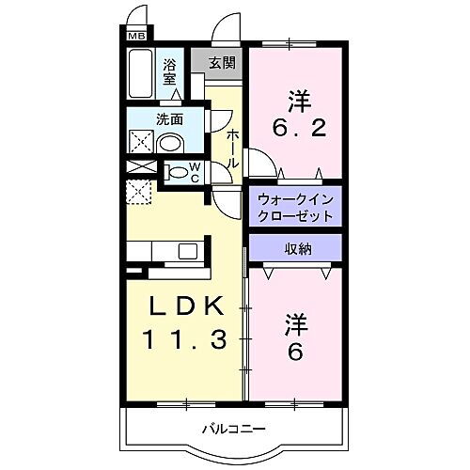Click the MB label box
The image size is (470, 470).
click(135, 36)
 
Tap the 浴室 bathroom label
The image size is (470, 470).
click(170, 71)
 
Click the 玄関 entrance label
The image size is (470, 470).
click(221, 64)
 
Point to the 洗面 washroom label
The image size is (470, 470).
click(170, 119)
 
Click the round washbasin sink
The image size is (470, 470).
click(170, 143)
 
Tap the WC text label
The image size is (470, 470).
click(195, 172)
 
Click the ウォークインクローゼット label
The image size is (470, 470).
click(295, 206)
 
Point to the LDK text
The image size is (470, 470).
click(184, 307)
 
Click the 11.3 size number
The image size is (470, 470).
click(184, 339)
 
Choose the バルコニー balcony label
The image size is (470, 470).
click(233, 429)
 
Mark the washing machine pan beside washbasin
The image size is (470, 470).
click(141, 143)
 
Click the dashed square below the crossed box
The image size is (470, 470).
click(138, 192)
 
